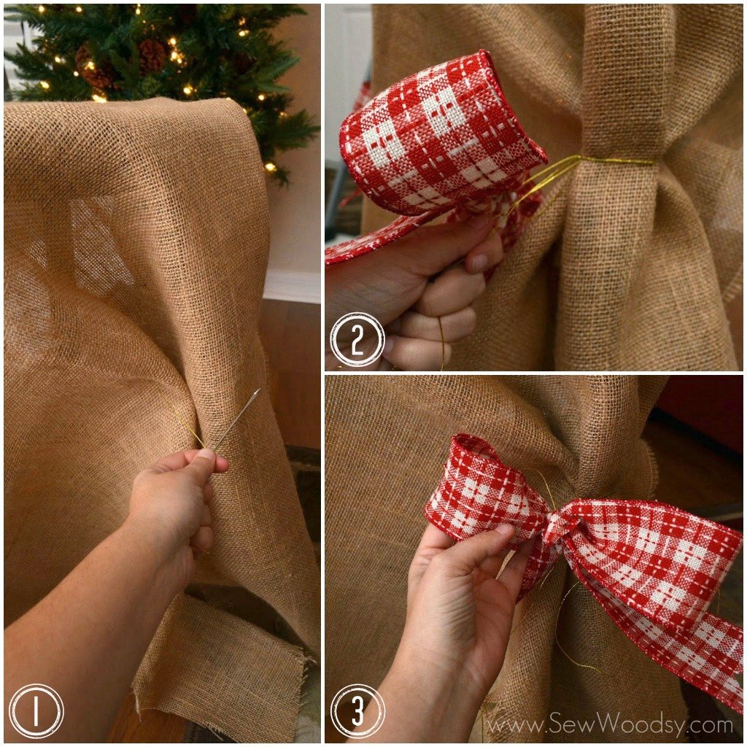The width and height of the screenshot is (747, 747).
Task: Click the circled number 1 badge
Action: [x=36, y=711]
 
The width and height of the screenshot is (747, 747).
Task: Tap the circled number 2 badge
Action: [x=357, y=339]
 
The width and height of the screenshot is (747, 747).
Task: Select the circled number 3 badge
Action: [x=357, y=711]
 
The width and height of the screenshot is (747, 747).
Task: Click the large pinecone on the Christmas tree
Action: [x=152, y=54]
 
